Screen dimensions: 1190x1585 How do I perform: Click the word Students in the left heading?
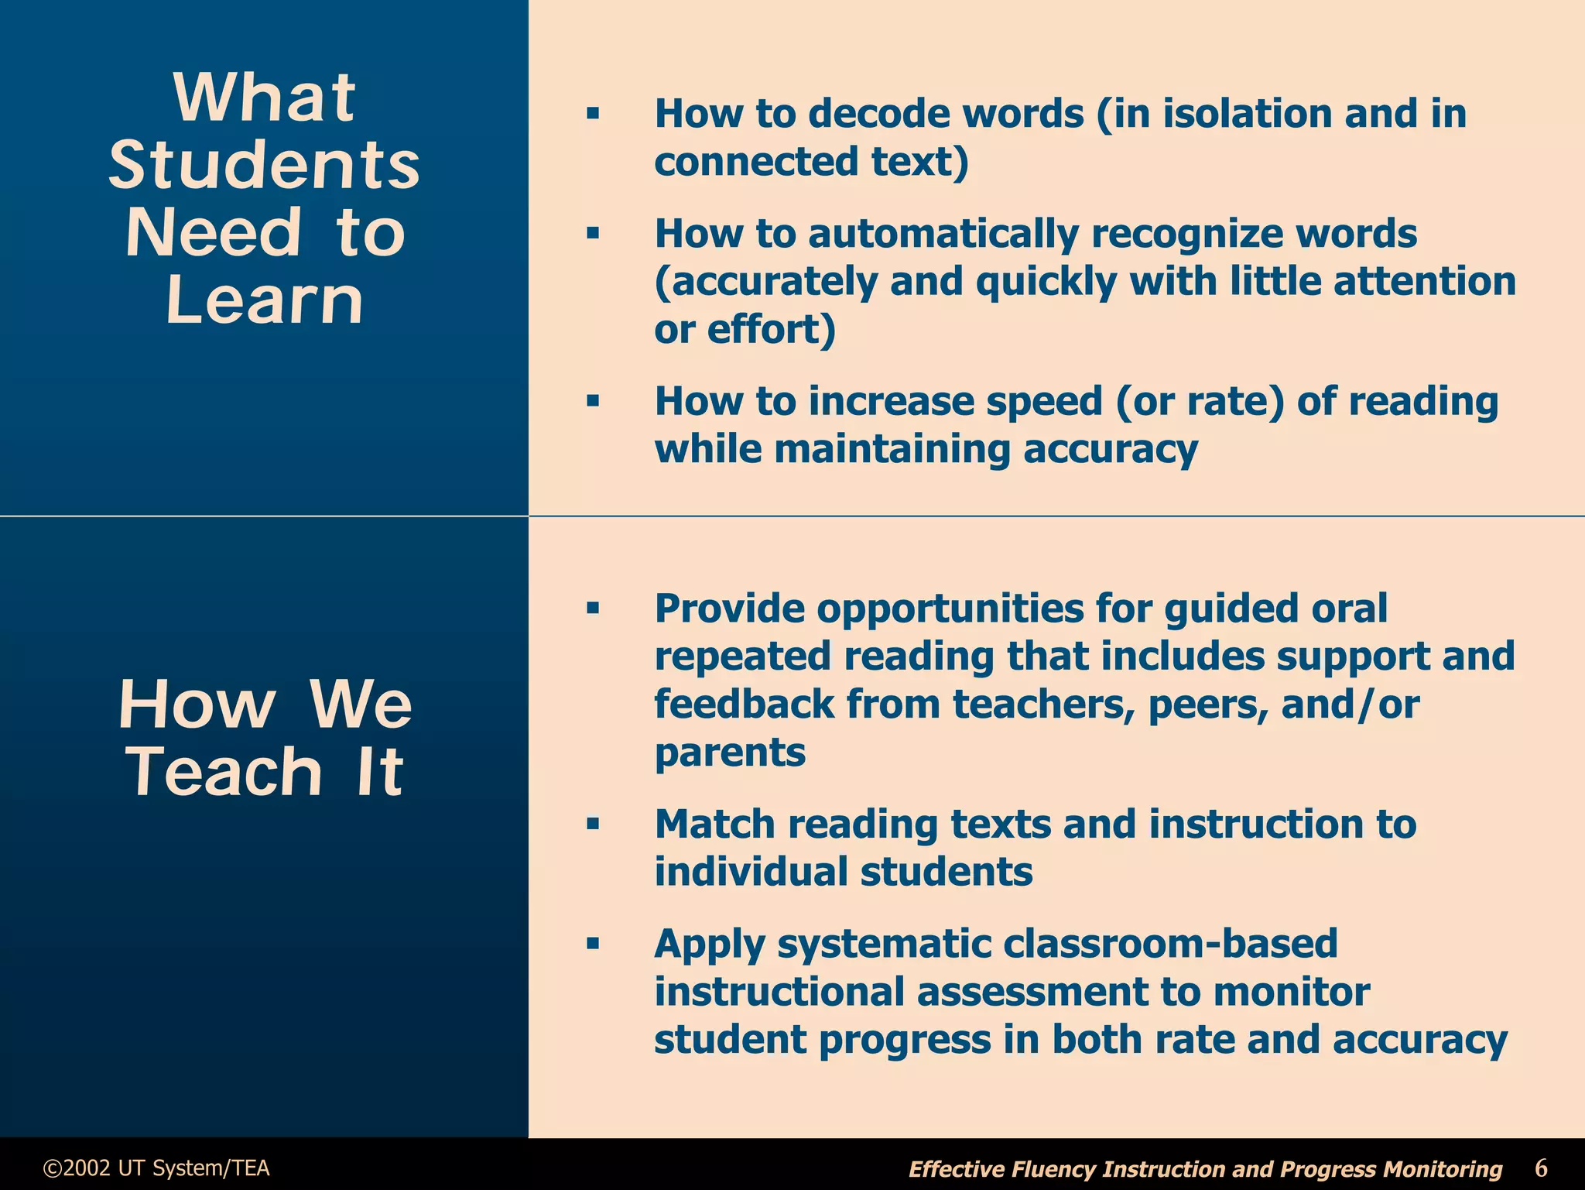264,165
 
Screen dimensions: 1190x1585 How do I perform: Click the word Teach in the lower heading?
224,772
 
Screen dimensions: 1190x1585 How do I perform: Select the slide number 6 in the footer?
1541,1167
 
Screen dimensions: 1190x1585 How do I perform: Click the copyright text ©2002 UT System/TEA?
156,1168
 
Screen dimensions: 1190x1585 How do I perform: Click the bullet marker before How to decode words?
593,114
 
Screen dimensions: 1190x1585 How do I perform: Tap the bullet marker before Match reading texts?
593,824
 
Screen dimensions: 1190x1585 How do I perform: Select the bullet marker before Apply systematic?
593,944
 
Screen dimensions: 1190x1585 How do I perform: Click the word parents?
730,752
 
